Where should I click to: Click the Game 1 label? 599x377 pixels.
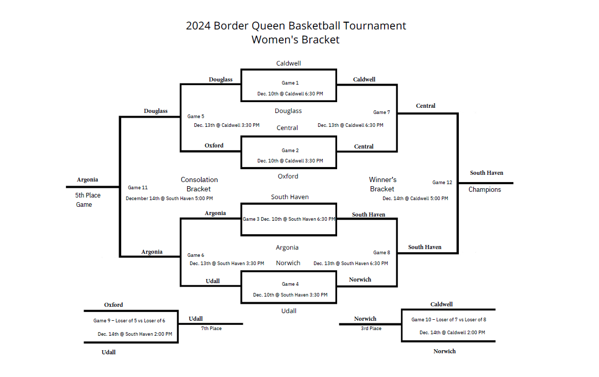point(290,83)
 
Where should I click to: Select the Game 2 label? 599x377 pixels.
point(290,151)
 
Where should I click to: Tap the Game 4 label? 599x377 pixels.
point(290,284)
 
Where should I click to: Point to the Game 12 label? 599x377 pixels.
point(442,183)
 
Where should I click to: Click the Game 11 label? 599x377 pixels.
point(138,188)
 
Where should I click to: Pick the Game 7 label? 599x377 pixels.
point(381,112)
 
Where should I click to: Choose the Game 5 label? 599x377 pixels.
point(195,117)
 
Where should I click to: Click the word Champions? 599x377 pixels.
point(485,190)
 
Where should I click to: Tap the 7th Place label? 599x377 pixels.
point(211,329)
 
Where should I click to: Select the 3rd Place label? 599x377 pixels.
point(371,329)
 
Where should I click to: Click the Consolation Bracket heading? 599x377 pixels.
point(199,184)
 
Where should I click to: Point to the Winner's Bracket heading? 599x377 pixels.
point(382,184)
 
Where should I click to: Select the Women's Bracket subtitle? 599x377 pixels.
point(295,40)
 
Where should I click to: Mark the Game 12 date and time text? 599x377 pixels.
point(415,199)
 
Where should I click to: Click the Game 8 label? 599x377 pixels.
point(381,253)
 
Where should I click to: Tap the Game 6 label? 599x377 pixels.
point(195,255)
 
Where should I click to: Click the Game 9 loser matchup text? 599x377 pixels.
point(129,321)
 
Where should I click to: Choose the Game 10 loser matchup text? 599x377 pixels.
point(448,320)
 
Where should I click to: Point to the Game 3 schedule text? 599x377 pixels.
point(289,219)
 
